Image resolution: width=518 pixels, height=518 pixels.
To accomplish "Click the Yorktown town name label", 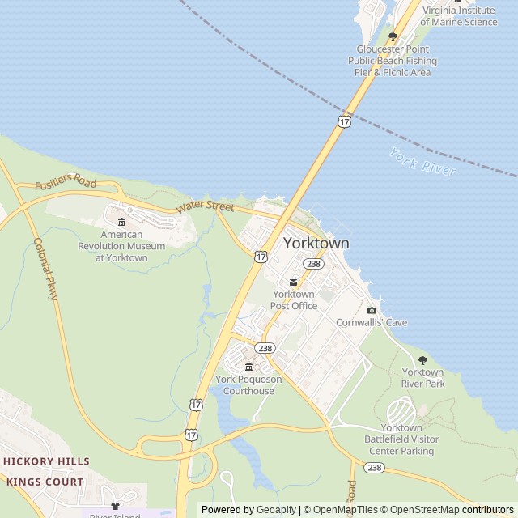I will point(316,243).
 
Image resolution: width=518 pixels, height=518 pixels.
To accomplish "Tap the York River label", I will point(422,162).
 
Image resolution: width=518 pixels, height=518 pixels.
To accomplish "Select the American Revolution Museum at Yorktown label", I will point(121,246).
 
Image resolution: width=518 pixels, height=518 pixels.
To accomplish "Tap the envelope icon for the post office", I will point(293,282).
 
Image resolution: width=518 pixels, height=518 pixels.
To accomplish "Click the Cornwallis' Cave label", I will point(372,322).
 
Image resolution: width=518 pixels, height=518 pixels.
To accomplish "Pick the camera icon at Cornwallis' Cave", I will point(372,310).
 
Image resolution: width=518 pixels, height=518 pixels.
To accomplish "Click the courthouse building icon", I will point(248,367).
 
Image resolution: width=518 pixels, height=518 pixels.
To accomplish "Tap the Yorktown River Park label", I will point(423,378).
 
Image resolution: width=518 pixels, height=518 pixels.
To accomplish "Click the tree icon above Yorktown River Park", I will point(422,360).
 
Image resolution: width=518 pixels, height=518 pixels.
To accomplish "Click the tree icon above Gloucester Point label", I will point(393,36).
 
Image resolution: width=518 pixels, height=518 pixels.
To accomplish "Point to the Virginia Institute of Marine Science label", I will point(459,16).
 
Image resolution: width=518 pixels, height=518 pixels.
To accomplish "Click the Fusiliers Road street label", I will point(66,182).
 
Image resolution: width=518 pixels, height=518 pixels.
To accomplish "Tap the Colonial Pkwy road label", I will point(46,270).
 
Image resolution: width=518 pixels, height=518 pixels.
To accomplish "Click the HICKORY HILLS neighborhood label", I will point(46,461).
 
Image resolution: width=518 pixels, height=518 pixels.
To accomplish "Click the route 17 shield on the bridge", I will point(343,121).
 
